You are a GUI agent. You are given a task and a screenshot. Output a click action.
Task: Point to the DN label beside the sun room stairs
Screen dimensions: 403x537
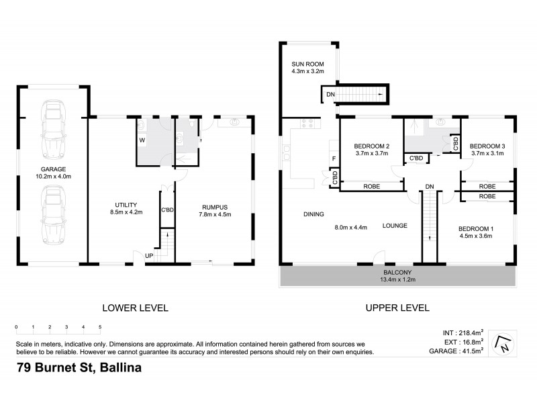tap(330, 95)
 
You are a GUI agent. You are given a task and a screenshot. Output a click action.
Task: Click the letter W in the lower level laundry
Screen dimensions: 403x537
tap(142, 140)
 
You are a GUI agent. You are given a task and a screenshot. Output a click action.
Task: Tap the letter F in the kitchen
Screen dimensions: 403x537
tap(334, 159)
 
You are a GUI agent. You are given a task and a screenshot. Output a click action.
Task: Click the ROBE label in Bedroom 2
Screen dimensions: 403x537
tap(373, 187)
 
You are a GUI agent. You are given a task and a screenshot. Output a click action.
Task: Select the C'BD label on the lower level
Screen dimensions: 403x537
tap(167, 210)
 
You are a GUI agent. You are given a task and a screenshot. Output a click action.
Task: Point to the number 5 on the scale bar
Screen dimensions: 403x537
tap(100, 327)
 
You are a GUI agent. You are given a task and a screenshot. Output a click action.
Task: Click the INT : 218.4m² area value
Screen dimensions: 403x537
tap(464, 332)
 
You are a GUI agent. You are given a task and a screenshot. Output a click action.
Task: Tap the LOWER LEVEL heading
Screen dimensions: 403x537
tap(135, 308)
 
